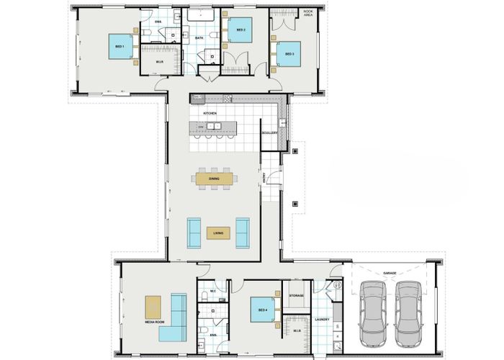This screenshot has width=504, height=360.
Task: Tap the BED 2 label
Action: coord(241,30)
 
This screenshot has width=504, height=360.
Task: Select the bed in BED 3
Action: coord(289,54)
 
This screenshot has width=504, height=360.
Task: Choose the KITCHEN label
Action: coord(210,114)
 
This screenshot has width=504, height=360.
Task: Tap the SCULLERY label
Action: coord(270,132)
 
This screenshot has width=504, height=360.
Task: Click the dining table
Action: coord(214,178)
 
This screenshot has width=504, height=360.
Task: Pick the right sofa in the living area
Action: coord(243,232)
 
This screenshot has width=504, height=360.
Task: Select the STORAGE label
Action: coord(297,296)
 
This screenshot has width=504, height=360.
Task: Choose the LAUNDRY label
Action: coord(322,319)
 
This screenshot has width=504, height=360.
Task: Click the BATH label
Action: coord(199,37)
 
